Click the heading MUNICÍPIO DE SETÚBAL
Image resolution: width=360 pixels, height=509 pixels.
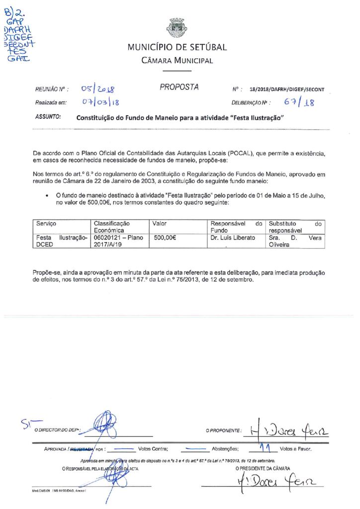coord(177,48)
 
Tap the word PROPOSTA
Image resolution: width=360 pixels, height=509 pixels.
coord(179,87)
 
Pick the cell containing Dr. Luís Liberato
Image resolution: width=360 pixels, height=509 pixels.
coord(233,238)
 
